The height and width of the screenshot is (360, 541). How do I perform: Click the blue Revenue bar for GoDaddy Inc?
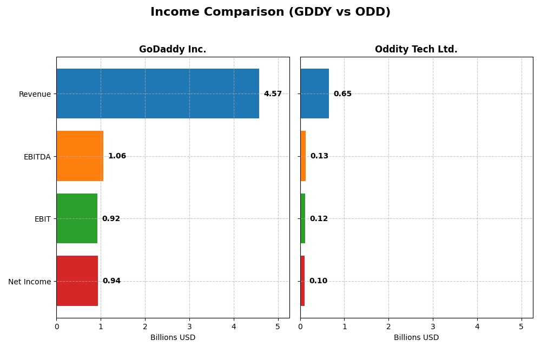click(157, 94)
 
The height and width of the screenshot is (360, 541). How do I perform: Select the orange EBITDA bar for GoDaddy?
click(80, 156)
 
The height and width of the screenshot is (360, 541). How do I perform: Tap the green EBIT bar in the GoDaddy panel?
click(77, 218)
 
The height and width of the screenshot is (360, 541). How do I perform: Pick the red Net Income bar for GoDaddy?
click(77, 281)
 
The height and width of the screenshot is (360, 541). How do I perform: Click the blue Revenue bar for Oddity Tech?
click(314, 94)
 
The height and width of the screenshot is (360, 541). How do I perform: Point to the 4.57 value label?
click(273, 94)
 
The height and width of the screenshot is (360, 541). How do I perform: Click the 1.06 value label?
click(117, 156)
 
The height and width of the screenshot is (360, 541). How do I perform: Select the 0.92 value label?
click(111, 219)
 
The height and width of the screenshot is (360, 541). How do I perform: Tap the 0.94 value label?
click(111, 281)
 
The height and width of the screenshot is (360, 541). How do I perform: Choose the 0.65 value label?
click(342, 94)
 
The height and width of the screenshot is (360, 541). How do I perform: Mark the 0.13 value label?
click(319, 156)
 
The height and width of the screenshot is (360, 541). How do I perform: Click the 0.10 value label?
click(318, 281)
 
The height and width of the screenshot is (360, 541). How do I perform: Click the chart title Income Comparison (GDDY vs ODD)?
click(270, 12)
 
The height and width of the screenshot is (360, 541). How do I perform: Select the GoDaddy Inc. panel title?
click(173, 50)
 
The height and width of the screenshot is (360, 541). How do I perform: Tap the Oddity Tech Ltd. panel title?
click(416, 50)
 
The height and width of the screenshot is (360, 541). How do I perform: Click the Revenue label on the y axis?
click(35, 95)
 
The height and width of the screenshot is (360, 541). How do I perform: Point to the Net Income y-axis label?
click(29, 282)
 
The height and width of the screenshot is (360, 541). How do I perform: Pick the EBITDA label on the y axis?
click(37, 157)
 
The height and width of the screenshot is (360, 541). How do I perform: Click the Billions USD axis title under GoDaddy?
click(173, 338)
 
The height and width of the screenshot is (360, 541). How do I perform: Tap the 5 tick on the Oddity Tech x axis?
click(522, 327)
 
